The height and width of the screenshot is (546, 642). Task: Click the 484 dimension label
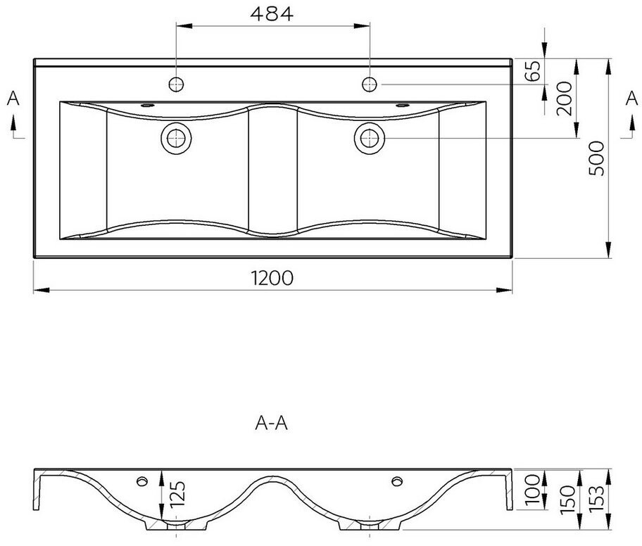(x=272, y=14)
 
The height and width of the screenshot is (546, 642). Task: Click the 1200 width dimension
(x=272, y=278)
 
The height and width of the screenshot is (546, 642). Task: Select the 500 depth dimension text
(x=596, y=158)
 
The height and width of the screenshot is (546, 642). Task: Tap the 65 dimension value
(x=533, y=70)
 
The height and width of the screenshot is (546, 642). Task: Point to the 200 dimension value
(x=564, y=99)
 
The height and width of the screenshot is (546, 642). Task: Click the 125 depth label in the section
(x=177, y=494)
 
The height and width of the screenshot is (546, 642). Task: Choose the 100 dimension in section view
(x=533, y=489)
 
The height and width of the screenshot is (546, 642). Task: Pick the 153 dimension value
(x=596, y=497)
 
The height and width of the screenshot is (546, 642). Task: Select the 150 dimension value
(x=568, y=500)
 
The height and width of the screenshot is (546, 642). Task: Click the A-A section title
(x=272, y=423)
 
